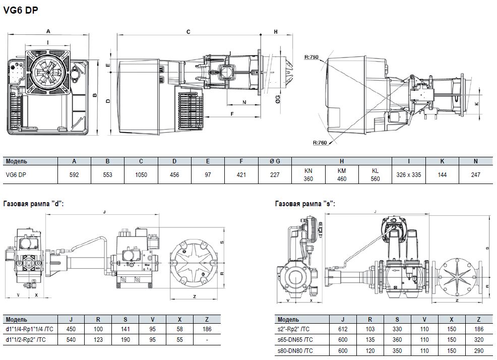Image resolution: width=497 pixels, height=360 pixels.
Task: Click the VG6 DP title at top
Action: click(21, 11)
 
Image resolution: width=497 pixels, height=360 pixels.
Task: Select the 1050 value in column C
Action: click(141, 175)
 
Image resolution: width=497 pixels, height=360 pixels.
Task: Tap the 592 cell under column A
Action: click(74, 175)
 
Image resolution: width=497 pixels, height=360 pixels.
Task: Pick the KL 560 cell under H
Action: click(376, 175)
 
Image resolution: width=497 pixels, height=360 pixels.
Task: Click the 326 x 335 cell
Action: click(409, 175)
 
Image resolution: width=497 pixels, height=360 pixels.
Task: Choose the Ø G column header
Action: click(275, 161)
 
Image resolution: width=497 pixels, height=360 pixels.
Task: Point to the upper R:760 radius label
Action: click(311, 57)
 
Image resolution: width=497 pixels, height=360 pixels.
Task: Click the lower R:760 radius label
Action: click(320, 143)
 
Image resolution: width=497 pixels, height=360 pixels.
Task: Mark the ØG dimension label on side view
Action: click(278, 99)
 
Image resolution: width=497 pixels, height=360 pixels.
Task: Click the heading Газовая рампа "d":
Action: click(34, 204)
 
